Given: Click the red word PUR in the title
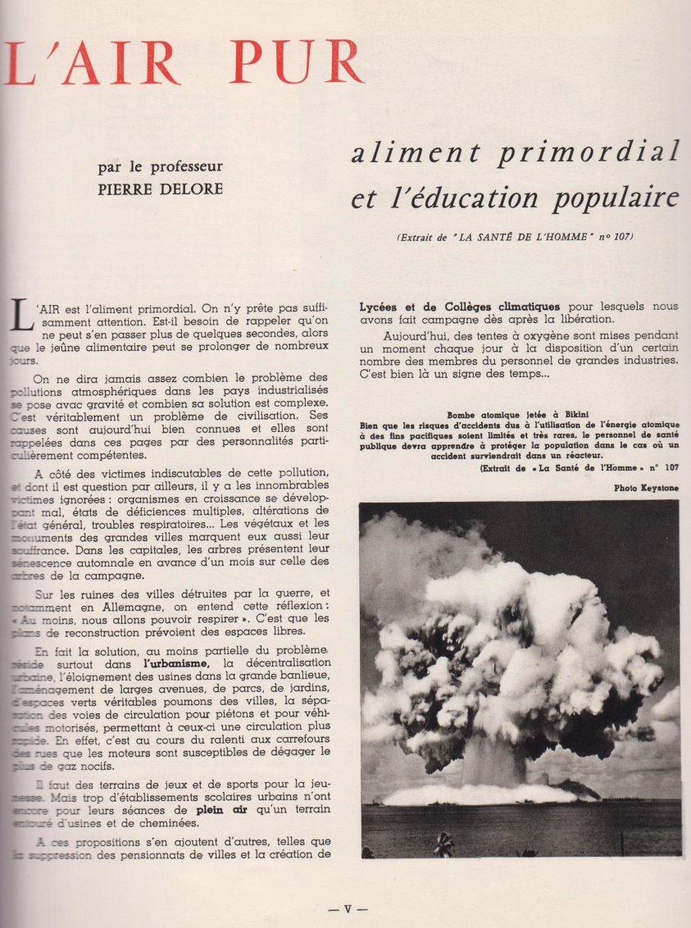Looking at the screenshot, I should [297, 61].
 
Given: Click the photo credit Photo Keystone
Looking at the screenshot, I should [652, 488].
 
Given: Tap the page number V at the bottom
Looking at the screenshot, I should [347, 908].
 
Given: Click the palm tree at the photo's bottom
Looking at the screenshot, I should [444, 844].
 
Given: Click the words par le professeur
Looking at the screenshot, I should [160, 166].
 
